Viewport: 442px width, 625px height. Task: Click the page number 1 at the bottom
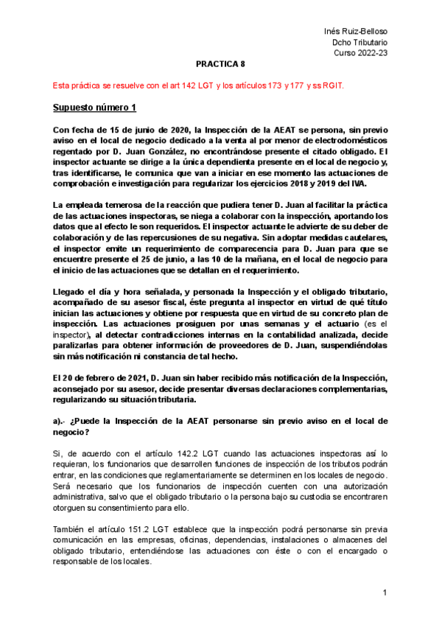[x=385, y=593]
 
